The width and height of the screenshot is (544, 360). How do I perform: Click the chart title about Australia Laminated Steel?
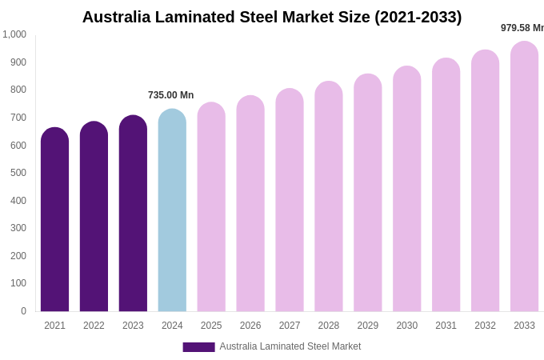(x=272, y=17)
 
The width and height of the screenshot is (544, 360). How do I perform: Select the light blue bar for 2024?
(x=172, y=212)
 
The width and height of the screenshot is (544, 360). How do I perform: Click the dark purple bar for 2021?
(x=54, y=220)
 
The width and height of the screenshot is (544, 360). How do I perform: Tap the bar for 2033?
(x=524, y=178)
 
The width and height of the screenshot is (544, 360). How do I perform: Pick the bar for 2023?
(x=133, y=214)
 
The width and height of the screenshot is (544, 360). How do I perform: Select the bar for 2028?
(x=329, y=198)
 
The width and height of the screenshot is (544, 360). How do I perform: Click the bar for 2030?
(x=406, y=190)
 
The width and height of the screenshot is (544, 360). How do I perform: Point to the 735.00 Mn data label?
(x=170, y=95)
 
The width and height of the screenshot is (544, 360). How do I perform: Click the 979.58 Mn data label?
(x=522, y=28)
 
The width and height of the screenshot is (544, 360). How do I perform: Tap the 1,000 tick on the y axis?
(x=14, y=34)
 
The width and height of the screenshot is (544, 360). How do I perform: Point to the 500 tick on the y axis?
(x=18, y=173)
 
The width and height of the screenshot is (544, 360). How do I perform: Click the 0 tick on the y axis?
(x=23, y=311)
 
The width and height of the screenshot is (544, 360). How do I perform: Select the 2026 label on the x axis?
(x=250, y=326)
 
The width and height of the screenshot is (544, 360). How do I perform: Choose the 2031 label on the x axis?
(x=446, y=326)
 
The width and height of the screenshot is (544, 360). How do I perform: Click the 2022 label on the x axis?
(x=94, y=326)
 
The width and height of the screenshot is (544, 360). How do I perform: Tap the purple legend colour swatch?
(x=198, y=347)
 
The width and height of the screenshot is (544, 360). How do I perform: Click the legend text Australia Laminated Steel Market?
(x=290, y=346)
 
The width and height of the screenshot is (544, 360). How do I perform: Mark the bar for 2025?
(x=211, y=208)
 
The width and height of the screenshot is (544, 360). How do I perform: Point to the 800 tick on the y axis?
(x=18, y=90)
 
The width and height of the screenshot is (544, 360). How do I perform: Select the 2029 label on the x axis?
(x=368, y=326)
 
